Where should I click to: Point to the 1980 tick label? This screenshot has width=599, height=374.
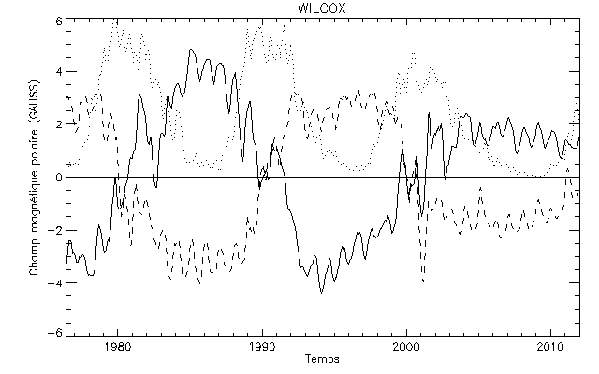[117, 346]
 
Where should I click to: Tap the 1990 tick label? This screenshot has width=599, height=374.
[262, 346]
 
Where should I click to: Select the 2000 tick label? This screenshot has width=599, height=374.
[407, 346]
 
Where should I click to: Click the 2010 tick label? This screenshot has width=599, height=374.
[551, 346]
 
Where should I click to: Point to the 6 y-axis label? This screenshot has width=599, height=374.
[58, 21]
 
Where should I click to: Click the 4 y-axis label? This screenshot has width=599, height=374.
[58, 73]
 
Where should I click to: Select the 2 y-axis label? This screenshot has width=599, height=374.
[58, 124]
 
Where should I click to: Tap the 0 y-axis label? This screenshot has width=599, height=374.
[58, 177]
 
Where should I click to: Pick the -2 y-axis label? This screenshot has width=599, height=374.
[55, 229]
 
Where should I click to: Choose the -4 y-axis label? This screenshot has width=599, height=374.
[55, 280]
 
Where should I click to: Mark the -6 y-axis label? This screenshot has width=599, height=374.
[55, 333]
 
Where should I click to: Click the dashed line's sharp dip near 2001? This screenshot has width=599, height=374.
[423, 280]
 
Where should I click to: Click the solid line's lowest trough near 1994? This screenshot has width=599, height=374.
[321, 293]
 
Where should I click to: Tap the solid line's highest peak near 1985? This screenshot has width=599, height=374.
[191, 50]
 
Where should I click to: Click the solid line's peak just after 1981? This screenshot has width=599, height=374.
[139, 93]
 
